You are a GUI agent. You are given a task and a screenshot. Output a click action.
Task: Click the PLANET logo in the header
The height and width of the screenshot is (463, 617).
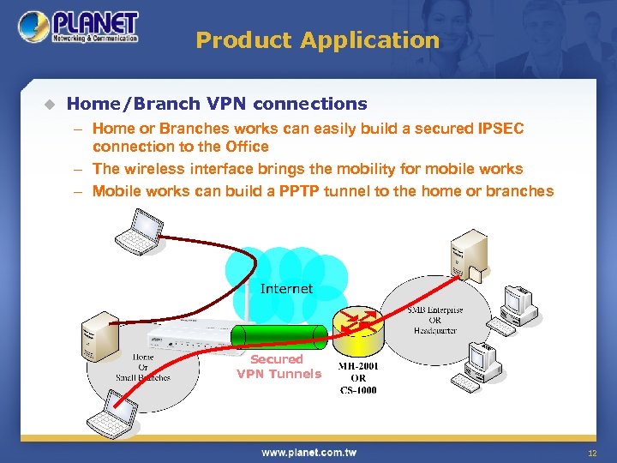tap(79, 27)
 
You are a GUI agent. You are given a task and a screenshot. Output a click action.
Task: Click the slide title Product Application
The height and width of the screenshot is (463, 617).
tap(317, 40)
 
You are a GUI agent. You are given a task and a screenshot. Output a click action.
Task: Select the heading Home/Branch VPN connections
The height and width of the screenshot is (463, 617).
tap(217, 104)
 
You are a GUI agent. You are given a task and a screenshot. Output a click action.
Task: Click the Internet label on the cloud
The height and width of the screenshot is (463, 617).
tap(286, 289)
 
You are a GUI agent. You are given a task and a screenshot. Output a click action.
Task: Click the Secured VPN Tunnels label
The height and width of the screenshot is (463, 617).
tap(278, 366)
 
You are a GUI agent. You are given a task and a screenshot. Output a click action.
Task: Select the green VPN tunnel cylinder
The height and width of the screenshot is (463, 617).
tap(281, 337)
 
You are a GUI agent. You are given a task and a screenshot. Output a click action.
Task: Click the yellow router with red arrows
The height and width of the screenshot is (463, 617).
tap(357, 327)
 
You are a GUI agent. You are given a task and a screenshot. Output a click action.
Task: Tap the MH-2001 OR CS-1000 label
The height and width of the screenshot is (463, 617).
tap(358, 377)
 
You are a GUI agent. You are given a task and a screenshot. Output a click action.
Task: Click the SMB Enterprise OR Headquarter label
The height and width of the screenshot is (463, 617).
tap(434, 320)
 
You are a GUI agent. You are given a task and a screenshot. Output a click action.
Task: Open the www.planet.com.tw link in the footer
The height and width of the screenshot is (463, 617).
tap(309, 452)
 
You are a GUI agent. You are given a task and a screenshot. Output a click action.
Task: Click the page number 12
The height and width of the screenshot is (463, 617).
tap(591, 453)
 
